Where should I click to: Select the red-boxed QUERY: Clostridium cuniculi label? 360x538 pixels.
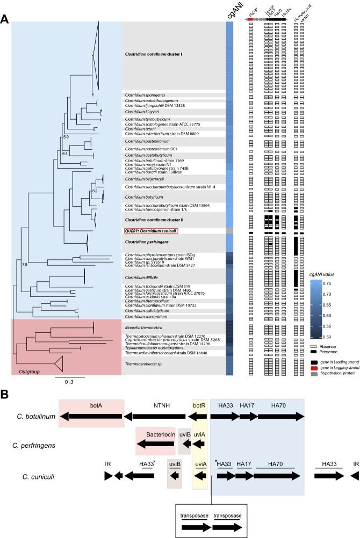(x=151, y=231)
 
